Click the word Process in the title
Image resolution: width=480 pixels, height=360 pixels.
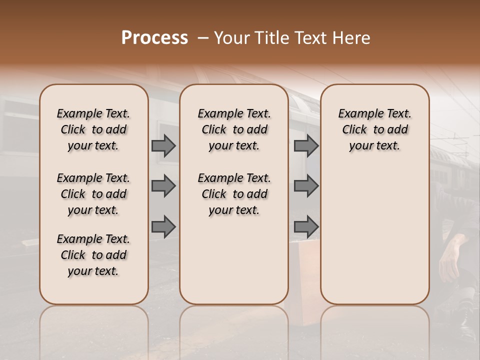154,38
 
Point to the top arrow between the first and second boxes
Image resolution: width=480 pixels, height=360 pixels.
163,146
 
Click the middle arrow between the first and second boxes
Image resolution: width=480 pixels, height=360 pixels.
163,186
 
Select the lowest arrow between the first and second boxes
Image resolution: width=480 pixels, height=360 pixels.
163,227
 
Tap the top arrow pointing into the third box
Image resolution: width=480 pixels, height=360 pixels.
306,146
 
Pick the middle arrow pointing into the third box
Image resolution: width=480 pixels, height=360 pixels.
306,186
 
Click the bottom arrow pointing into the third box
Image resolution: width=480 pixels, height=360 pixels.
306,227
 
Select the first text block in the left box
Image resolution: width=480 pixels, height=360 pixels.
93,129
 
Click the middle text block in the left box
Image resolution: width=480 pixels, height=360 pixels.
93,194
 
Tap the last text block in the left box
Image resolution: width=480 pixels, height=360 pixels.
93,255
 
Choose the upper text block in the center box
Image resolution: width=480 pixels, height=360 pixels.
234,129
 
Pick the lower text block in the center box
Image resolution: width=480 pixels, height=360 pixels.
234,194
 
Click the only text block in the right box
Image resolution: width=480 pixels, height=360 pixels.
374,129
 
